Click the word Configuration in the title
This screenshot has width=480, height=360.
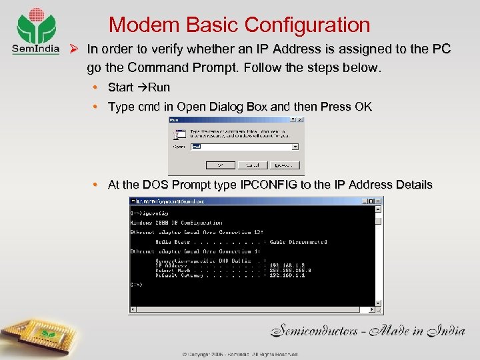point(307,25)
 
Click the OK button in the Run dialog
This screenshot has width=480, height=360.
point(215,165)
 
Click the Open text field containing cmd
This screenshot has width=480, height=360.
point(241,147)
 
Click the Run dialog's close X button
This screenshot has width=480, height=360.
point(300,121)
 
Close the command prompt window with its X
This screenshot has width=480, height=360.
point(378,200)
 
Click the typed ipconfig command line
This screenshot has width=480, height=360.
point(148,213)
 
